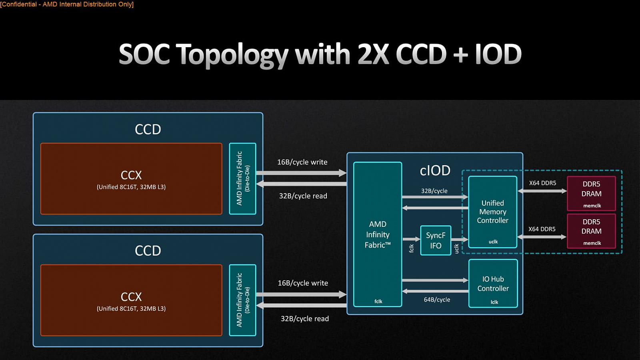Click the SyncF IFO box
436,240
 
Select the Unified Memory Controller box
493,212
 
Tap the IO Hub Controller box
493,283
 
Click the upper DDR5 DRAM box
591,193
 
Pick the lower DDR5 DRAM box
591,231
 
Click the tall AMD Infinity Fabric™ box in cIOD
378,234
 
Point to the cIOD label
435,171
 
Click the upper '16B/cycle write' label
302,162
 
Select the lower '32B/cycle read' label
305,319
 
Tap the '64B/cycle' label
437,300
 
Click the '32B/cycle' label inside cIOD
434,191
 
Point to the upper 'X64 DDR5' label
542,183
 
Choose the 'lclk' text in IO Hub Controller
494,302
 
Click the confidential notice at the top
67,4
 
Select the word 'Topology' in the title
232,55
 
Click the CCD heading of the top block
148,129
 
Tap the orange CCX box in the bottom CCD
131,300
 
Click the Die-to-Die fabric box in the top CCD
242,178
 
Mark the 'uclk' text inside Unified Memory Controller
493,242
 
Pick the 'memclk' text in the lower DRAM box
592,243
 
